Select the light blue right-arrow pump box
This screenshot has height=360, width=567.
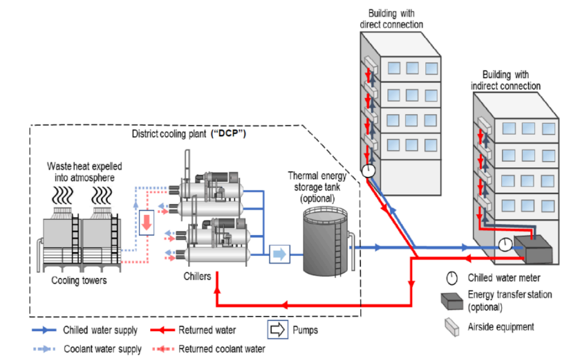(278, 254)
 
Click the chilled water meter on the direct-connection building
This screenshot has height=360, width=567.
(369, 170)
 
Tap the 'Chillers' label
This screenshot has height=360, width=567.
(197, 276)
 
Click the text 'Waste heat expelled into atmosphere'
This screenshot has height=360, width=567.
(84, 171)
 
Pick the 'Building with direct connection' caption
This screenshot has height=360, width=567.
(395, 19)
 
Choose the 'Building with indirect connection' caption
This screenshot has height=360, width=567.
(512, 80)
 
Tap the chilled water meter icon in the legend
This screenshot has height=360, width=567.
(452, 277)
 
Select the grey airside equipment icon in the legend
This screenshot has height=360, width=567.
(452, 326)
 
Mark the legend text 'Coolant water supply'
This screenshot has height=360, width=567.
(100, 349)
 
